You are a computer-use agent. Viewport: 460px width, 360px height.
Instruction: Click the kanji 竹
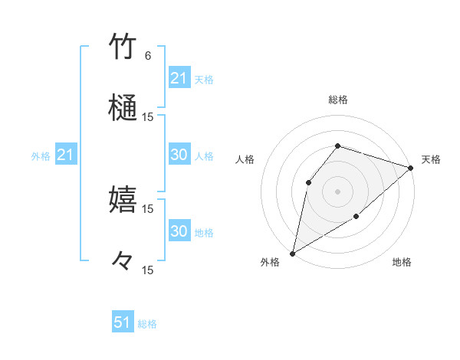coord(123,47)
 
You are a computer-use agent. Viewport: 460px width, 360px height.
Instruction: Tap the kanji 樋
coord(123,107)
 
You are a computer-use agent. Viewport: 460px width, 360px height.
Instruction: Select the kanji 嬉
coord(123,199)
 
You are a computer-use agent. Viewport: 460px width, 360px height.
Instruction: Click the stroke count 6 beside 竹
coord(148,56)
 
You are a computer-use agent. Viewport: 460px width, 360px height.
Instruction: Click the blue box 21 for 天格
coord(179,78)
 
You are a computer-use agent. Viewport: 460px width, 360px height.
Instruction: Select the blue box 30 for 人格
coord(179,155)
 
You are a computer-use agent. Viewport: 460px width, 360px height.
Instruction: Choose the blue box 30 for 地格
coord(179,231)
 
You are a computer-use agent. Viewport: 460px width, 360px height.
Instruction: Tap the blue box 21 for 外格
coord(66,155)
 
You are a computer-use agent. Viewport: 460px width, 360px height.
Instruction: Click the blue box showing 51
coord(123,322)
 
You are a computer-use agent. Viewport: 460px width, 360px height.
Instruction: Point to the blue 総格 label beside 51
coord(147,324)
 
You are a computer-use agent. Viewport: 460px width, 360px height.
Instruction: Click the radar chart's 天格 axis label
coord(431,159)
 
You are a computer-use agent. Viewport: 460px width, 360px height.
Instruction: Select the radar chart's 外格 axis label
coord(270,262)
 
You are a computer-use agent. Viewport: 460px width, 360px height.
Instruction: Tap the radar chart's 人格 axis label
coord(245,159)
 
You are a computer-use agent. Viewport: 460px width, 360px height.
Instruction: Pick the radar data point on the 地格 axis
coord(356,217)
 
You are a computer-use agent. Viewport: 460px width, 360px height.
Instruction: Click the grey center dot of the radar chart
coord(337,191)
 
